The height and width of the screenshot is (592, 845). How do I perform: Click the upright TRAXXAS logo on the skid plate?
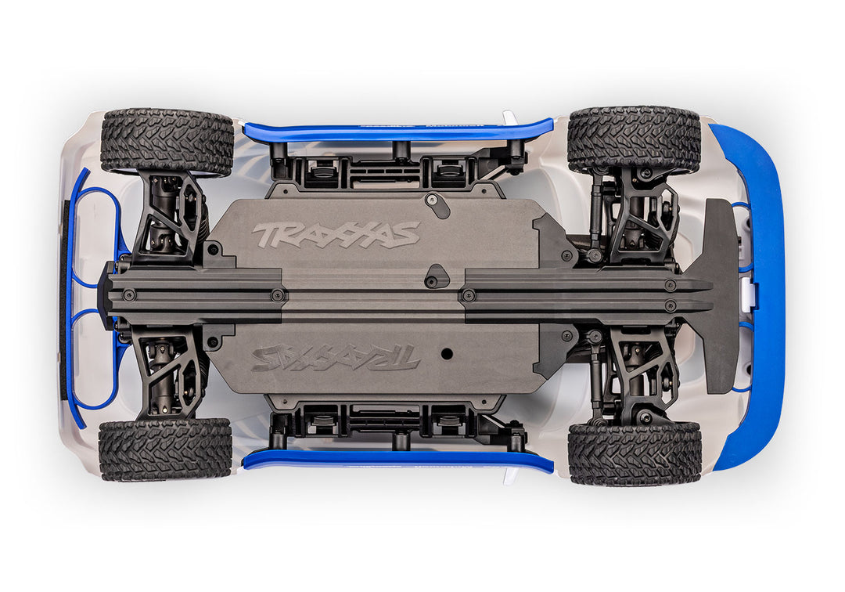(x=336, y=233)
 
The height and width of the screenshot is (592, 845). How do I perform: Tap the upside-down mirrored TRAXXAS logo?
(x=336, y=358)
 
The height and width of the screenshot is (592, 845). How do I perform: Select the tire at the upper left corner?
(x=167, y=141)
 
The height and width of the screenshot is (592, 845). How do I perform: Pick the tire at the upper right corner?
(x=634, y=139)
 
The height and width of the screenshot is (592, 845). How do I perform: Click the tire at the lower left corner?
(x=165, y=449)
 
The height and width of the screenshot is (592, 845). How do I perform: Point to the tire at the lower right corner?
(x=635, y=453)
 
